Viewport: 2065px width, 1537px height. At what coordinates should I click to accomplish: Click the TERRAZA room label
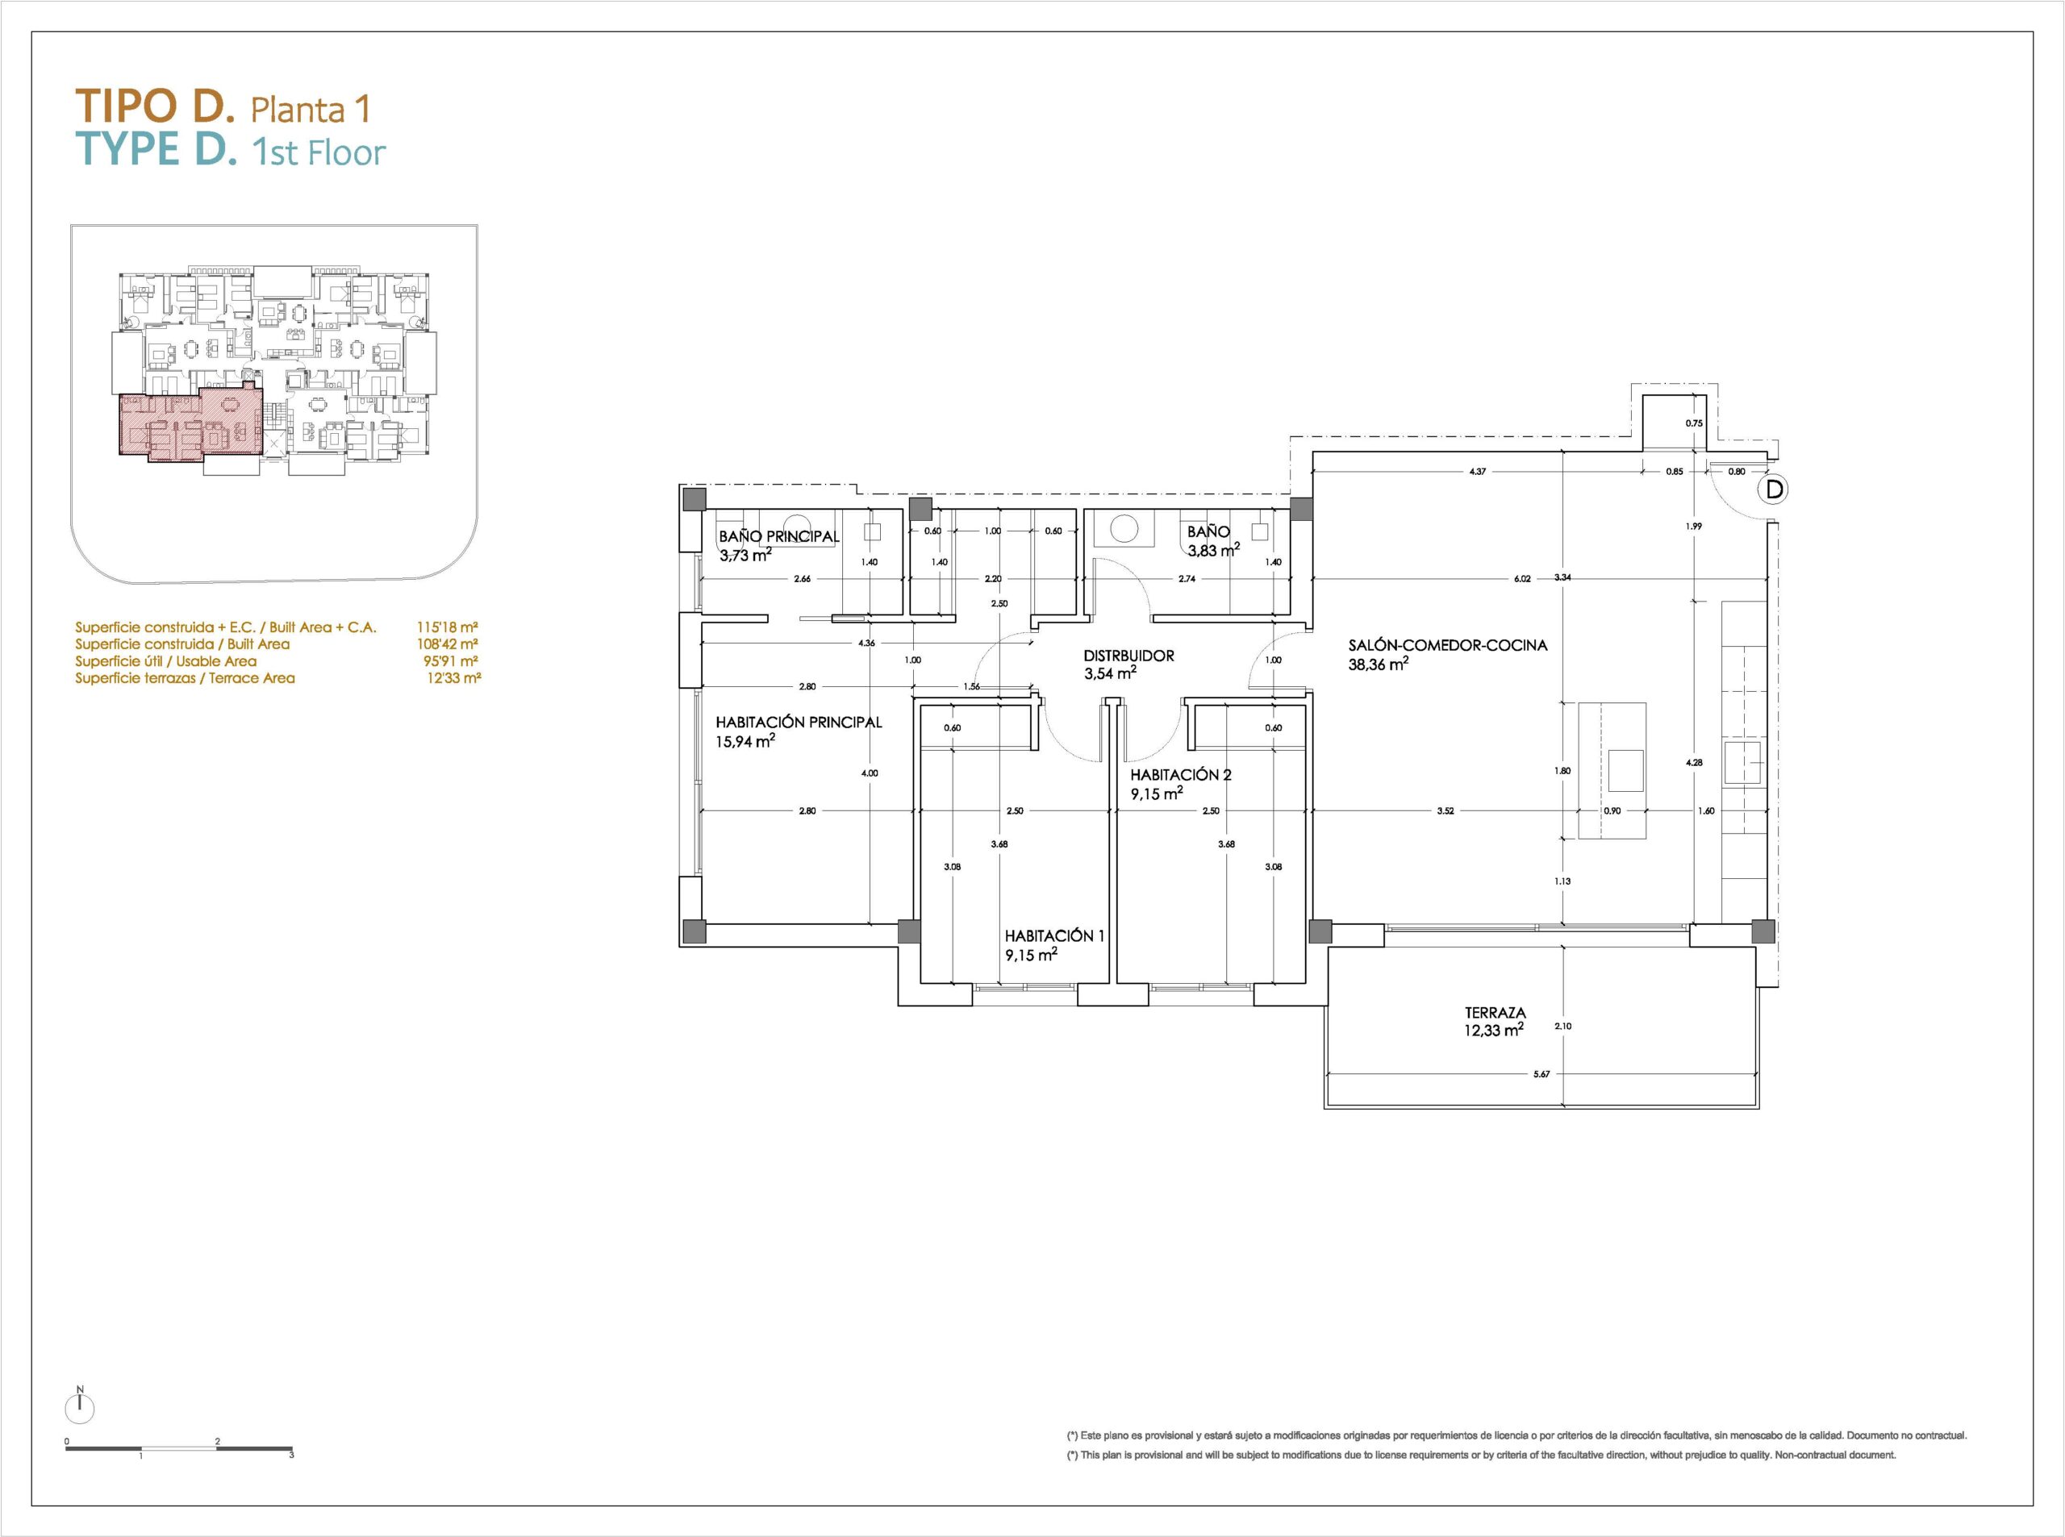coord(1495,1012)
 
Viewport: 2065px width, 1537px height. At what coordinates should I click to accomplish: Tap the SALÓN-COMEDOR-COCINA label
coord(1448,645)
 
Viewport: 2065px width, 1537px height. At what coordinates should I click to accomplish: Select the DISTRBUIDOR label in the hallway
coord(1128,655)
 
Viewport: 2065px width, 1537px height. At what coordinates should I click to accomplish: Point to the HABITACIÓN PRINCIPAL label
coord(799,722)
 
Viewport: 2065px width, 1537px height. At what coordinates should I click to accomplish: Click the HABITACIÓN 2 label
coord(1174,774)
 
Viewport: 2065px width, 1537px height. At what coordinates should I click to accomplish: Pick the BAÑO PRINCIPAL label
coord(779,536)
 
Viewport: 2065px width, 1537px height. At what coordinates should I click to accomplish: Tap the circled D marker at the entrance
coord(1775,489)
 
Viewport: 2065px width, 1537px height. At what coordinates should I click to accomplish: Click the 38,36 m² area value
coord(1379,664)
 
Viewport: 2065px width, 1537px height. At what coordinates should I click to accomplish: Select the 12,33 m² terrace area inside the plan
coord(1494,1030)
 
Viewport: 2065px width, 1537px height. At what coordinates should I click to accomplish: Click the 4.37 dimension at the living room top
coord(1478,472)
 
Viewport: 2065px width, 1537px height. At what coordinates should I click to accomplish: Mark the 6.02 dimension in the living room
coord(1522,579)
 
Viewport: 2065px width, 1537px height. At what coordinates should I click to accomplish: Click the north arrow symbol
coord(81,1406)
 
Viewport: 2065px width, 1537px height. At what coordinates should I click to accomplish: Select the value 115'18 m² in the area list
coord(448,627)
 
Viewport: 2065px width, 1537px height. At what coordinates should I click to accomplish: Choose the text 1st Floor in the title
coord(319,152)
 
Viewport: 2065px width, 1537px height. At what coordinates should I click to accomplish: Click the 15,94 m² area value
coord(745,742)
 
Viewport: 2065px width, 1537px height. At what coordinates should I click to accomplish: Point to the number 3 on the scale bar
coord(291,1454)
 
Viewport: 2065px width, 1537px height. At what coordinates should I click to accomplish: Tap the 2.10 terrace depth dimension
coord(1562,1027)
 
